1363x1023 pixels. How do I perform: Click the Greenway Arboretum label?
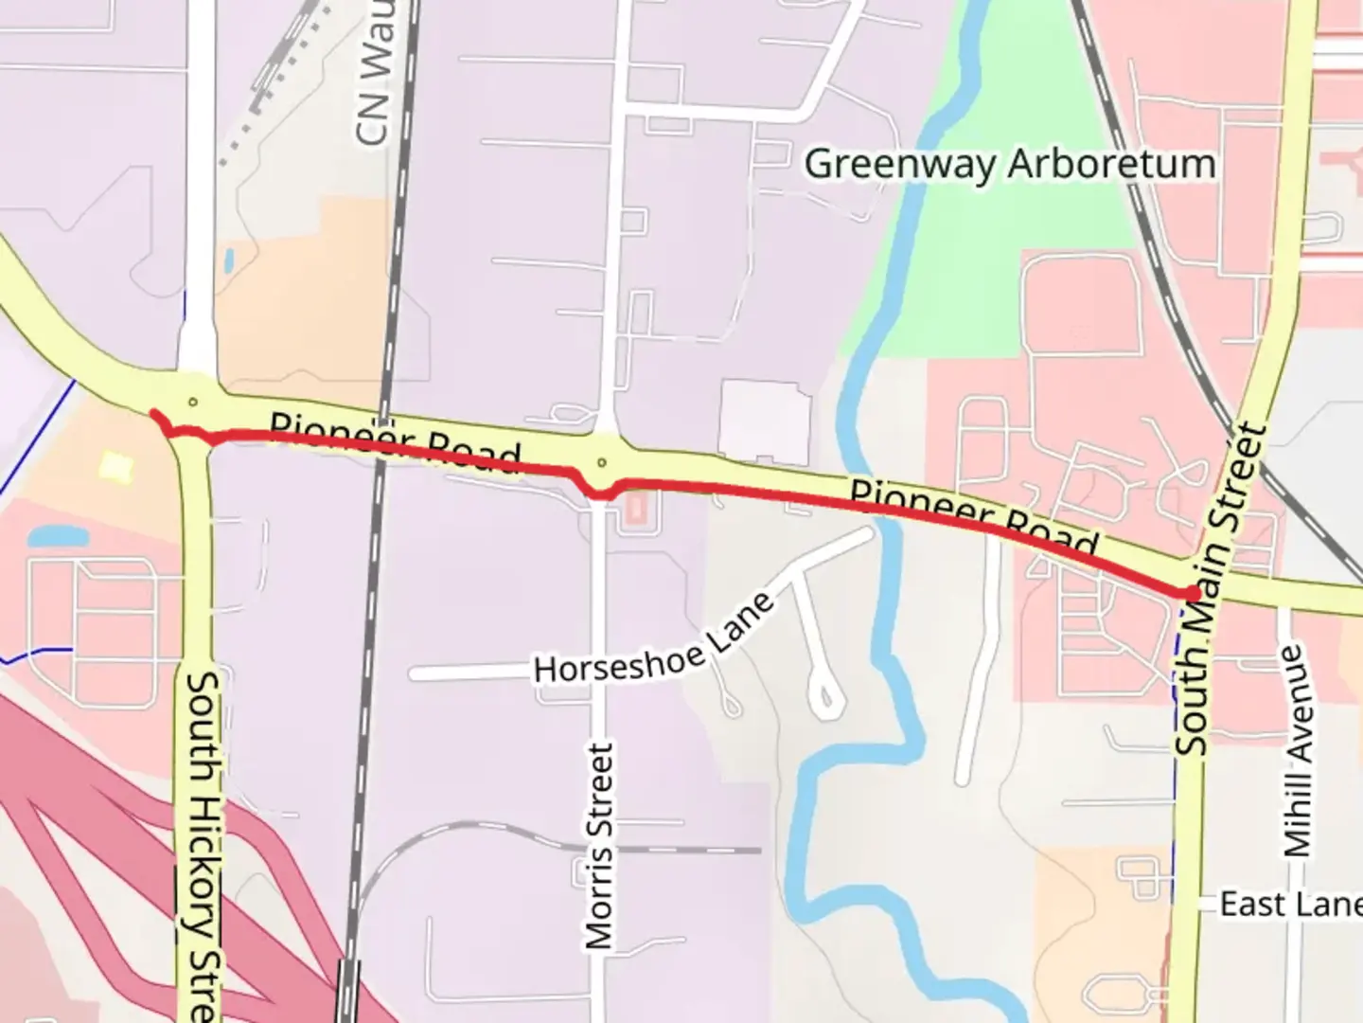[1009, 164]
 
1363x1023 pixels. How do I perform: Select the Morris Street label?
[599, 846]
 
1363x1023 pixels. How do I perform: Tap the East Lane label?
[1289, 904]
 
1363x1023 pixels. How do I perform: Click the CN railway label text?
[375, 76]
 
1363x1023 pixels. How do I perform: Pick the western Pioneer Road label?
[395, 441]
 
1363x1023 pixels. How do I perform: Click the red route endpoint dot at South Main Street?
[1189, 593]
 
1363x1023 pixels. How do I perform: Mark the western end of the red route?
[153, 413]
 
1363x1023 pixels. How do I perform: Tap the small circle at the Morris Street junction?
[601, 463]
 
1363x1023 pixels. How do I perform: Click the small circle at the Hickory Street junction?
[193, 402]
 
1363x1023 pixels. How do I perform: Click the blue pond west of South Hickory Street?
[57, 537]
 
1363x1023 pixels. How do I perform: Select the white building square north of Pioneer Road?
[764, 422]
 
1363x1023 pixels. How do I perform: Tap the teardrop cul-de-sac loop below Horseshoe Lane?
[826, 697]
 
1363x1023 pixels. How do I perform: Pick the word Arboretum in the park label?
[1110, 164]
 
